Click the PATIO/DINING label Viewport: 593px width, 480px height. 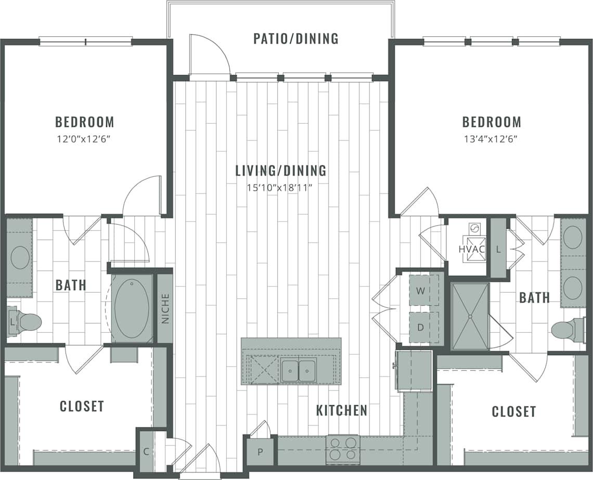[x=295, y=39]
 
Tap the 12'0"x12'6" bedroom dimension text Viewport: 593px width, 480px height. [x=84, y=139]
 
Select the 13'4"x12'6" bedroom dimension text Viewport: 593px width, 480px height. [x=492, y=139]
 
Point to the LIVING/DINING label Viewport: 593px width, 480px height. [x=280, y=171]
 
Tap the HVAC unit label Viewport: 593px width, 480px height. [x=471, y=249]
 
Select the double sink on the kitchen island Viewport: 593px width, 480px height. [x=299, y=369]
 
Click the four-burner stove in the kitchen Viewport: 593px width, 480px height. [x=343, y=448]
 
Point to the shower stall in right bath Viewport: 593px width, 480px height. [x=470, y=316]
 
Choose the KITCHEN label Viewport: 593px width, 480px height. [x=341, y=410]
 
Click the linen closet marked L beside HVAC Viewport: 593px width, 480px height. [x=498, y=249]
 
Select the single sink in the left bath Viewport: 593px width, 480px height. [x=20, y=258]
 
